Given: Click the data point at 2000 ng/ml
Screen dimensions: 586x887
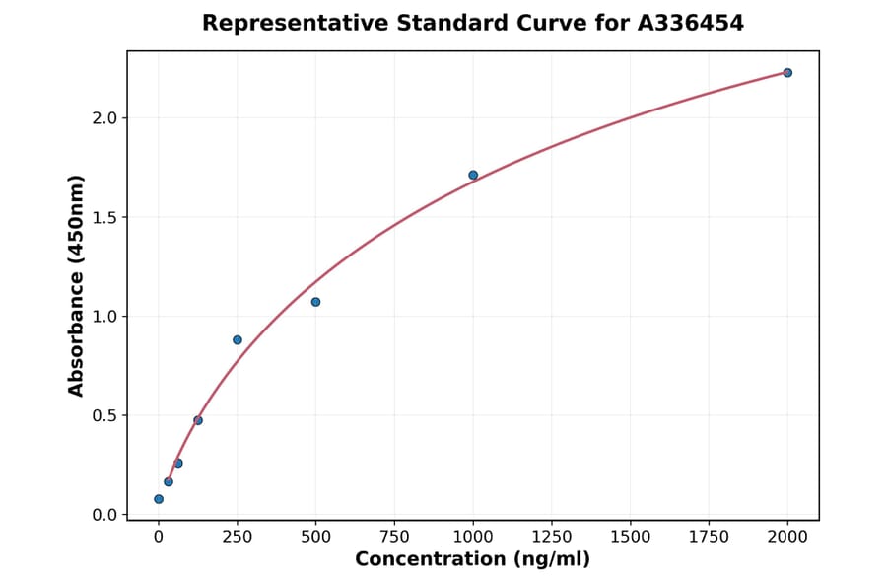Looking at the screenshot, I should [x=787, y=73].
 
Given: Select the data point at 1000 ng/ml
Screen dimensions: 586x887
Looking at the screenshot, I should [x=473, y=175].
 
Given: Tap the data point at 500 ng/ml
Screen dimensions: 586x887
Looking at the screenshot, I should [x=315, y=302].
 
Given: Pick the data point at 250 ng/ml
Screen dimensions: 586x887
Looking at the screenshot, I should [x=238, y=340].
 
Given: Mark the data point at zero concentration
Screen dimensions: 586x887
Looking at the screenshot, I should [x=159, y=499].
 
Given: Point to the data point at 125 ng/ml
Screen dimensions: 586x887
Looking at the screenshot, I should [x=198, y=420].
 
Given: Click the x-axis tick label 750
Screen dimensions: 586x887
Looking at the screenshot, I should [x=394, y=537].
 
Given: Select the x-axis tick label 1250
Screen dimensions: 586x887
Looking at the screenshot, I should [x=552, y=537].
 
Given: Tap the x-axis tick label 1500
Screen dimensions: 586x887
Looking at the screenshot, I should [x=631, y=537].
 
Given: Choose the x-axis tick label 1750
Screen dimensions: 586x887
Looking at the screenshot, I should [x=709, y=537].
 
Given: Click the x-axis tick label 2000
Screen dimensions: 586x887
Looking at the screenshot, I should [x=787, y=537].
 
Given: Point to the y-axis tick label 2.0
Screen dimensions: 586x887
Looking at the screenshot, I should [x=104, y=118].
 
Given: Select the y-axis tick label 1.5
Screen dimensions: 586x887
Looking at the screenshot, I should [x=104, y=217].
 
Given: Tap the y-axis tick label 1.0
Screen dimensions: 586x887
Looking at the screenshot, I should [x=104, y=317].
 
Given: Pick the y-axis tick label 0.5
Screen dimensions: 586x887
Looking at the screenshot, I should [x=104, y=416].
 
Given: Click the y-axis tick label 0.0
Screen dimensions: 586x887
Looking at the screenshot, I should [x=104, y=515].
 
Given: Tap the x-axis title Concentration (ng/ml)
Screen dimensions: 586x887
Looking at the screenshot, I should [x=472, y=560].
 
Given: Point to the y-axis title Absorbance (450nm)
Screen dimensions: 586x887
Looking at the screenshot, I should [x=76, y=285].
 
